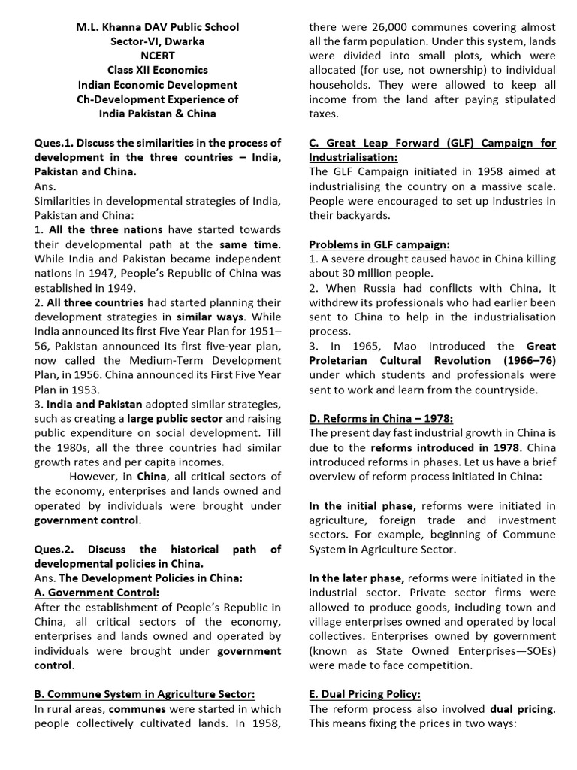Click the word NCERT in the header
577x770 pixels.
158,56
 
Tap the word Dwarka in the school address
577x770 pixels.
185,41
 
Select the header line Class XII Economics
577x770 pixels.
158,70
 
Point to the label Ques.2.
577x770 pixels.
54,549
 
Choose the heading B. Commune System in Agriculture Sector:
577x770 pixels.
144,693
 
